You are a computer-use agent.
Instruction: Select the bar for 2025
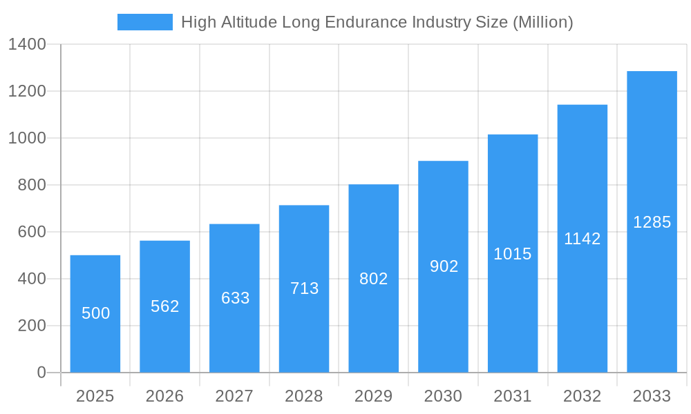click(95, 314)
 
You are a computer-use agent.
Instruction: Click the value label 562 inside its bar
click(165, 306)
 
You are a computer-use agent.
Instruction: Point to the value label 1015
click(513, 254)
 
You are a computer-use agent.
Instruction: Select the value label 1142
click(583, 239)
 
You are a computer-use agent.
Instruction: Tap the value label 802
click(374, 279)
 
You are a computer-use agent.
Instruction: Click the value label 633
click(235, 298)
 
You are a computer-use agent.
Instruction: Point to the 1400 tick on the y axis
click(27, 45)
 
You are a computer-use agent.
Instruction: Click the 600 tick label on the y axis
click(32, 232)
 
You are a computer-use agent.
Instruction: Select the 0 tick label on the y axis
click(41, 373)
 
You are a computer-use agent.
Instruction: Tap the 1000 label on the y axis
click(27, 138)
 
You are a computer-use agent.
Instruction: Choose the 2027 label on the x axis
click(234, 396)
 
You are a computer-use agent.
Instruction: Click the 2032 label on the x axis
click(582, 396)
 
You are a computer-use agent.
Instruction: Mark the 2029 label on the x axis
click(373, 396)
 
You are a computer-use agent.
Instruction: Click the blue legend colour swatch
click(145, 22)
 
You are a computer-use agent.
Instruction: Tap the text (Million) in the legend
click(542, 22)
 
